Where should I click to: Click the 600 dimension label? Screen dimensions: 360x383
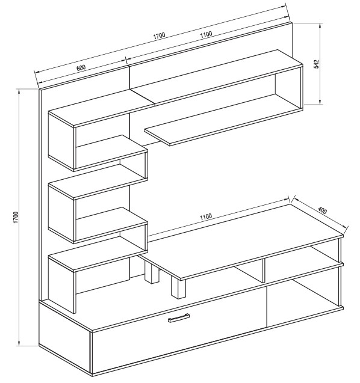click(81, 68)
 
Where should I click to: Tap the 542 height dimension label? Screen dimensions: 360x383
click(317, 64)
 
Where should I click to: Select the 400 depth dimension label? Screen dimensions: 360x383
click(322, 210)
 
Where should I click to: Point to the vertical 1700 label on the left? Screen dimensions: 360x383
click(16, 218)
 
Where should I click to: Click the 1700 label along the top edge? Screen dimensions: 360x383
click(160, 36)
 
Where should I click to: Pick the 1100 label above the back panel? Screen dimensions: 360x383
click(206, 34)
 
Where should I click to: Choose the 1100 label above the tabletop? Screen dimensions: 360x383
click(206, 216)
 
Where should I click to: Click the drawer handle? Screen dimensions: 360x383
click(179, 318)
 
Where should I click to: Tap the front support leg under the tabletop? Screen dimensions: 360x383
click(178, 289)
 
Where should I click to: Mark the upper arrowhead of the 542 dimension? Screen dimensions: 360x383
click(320, 26)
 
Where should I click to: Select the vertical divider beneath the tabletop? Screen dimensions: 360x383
click(264, 271)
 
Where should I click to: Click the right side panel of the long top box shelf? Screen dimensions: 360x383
click(302, 88)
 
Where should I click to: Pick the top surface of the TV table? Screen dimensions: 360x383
click(241, 241)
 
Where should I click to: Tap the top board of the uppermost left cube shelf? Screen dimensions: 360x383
click(101, 108)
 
